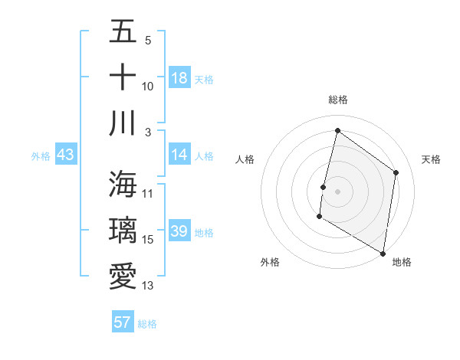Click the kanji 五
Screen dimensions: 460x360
coord(123,31)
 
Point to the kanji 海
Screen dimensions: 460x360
coord(123,184)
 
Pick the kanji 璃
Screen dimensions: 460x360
coord(123,231)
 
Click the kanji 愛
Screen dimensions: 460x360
coord(123,276)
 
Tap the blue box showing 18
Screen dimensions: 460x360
coord(179,77)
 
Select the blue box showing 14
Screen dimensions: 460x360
coord(179,155)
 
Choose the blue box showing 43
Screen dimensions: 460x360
coord(65,155)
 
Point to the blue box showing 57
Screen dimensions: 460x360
coord(123,322)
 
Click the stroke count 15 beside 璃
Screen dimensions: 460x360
coord(148,240)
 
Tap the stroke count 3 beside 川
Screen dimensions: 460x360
coord(148,133)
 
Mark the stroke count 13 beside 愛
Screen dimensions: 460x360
coord(148,286)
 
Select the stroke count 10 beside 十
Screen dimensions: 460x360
coord(148,87)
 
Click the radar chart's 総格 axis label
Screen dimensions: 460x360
coord(337,100)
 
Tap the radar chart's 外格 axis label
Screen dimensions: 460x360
coord(270,262)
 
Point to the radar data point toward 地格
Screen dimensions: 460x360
coord(383,253)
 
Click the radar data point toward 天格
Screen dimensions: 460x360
coord(396,172)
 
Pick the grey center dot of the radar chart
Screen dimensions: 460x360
coord(337,191)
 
